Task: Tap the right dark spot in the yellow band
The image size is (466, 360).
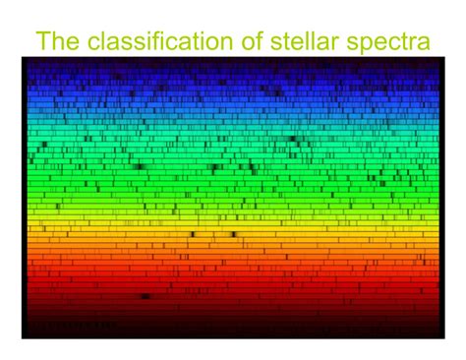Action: pyautogui.click(x=233, y=234)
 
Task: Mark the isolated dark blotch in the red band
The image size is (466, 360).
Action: pyautogui.click(x=146, y=295)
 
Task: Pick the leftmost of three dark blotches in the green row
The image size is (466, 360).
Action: pyautogui.click(x=139, y=167)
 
